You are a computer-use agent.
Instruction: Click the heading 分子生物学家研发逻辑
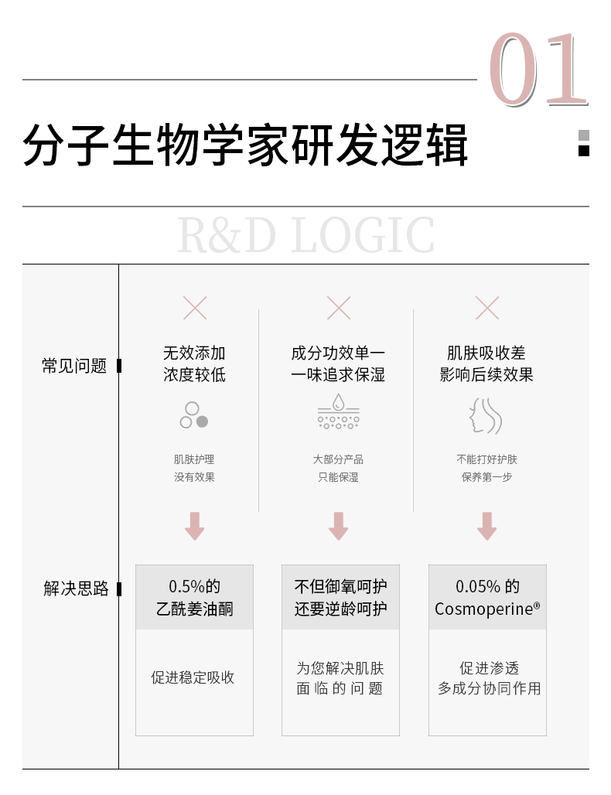click(245, 145)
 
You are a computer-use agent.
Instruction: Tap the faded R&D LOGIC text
click(305, 236)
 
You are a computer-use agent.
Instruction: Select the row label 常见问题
click(74, 366)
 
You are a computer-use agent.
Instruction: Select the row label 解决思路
click(76, 589)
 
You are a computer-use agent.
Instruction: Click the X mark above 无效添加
click(195, 308)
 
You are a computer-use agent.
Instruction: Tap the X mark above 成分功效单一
click(339, 308)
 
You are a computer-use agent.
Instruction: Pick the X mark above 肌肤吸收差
click(486, 308)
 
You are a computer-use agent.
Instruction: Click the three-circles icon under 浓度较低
click(194, 415)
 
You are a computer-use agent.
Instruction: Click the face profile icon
click(486, 415)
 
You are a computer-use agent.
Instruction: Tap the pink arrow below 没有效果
click(195, 526)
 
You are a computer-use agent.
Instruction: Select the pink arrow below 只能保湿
click(338, 526)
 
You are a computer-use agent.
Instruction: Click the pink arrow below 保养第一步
click(486, 526)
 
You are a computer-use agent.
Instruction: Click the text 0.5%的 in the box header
click(194, 586)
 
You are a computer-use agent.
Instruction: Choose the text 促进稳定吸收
click(193, 677)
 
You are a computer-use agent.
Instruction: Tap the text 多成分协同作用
click(489, 688)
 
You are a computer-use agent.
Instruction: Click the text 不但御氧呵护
click(340, 586)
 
